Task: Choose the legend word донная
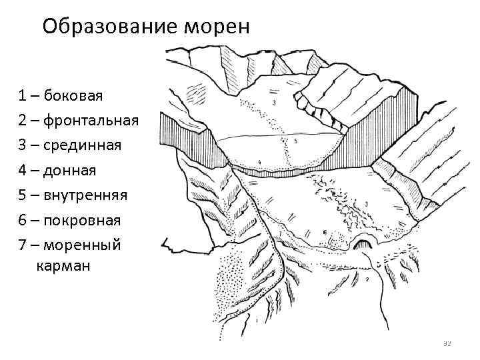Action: coord(70,171)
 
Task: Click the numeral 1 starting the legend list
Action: coord(23,95)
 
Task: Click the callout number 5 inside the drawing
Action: coord(295,141)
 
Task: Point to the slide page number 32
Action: coord(447,344)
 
